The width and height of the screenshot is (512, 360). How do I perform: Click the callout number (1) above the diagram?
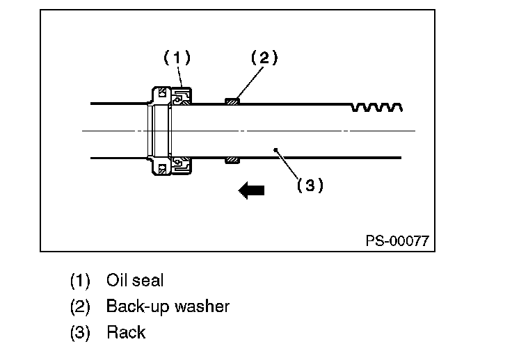pos(177,58)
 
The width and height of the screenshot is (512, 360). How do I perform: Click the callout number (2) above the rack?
pos(264,58)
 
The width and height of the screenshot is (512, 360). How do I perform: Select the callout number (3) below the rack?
pos(310,185)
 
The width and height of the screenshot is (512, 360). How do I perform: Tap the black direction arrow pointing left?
pos(251,190)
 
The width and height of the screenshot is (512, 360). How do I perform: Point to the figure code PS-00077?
pos(397,241)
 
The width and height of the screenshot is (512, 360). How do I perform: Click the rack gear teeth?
pos(376,107)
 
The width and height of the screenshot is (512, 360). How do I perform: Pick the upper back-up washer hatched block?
pos(232,101)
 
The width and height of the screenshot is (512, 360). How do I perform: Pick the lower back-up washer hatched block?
pos(232,160)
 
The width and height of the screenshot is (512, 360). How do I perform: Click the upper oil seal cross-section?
pos(182,97)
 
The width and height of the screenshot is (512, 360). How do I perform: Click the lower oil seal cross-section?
pos(182,165)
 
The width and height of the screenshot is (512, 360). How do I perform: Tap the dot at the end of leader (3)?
pos(275,150)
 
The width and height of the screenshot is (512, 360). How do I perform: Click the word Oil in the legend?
pos(118,280)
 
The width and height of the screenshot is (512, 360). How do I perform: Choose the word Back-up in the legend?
pos(138,307)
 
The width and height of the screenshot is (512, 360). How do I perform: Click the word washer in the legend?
pos(202,306)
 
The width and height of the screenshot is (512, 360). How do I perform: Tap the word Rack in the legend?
pos(126,332)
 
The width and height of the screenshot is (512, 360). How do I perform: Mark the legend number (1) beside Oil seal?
pos(80,281)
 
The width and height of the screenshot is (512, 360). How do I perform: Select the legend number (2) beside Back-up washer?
pos(80,307)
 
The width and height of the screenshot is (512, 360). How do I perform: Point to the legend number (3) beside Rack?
pos(80,333)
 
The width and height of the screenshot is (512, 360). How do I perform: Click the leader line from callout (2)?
pos(250,82)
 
